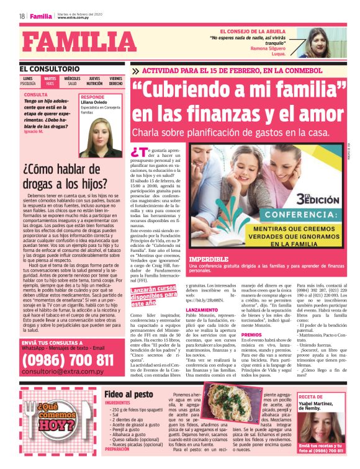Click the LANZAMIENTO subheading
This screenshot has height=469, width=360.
pos(202,309)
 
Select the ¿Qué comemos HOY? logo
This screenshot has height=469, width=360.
pos(57,425)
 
